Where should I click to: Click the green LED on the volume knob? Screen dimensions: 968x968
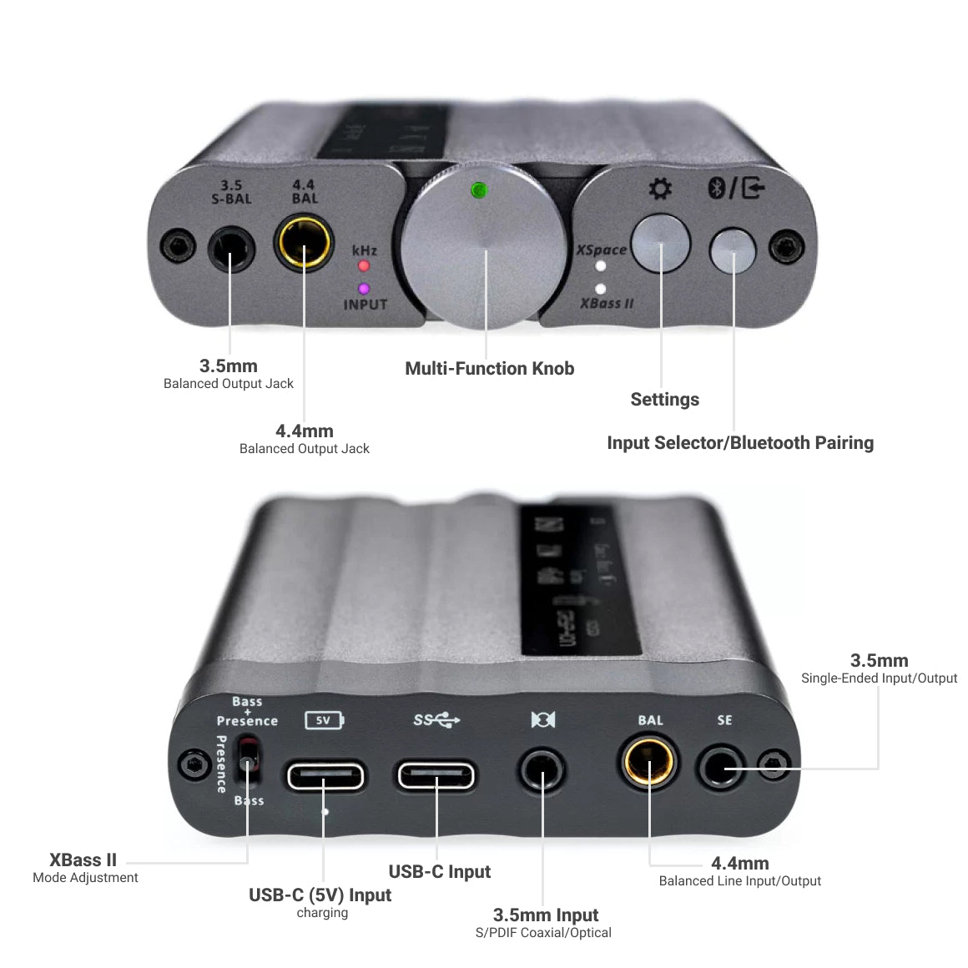pos(478,190)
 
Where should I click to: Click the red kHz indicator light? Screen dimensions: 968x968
pos(364,266)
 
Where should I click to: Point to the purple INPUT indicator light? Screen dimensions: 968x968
pos(364,289)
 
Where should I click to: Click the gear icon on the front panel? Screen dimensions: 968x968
pos(660,189)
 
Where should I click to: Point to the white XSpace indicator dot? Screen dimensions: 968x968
pos(600,266)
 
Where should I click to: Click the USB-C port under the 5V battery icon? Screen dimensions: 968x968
pos(325,776)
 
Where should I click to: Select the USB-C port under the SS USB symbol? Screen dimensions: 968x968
pos(436,775)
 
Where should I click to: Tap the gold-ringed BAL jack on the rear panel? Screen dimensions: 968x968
pos(648,763)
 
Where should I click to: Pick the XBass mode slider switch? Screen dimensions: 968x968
pos(247,759)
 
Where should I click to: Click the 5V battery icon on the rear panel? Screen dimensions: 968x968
pos(325,720)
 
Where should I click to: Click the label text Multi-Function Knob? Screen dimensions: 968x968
pos(490,369)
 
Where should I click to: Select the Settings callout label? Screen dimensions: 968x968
pos(665,400)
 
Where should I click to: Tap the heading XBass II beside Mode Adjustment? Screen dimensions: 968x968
pos(83,860)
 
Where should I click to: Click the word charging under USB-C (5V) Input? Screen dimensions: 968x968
pos(322,913)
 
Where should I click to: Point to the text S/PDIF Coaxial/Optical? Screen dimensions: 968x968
pos(543,933)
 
